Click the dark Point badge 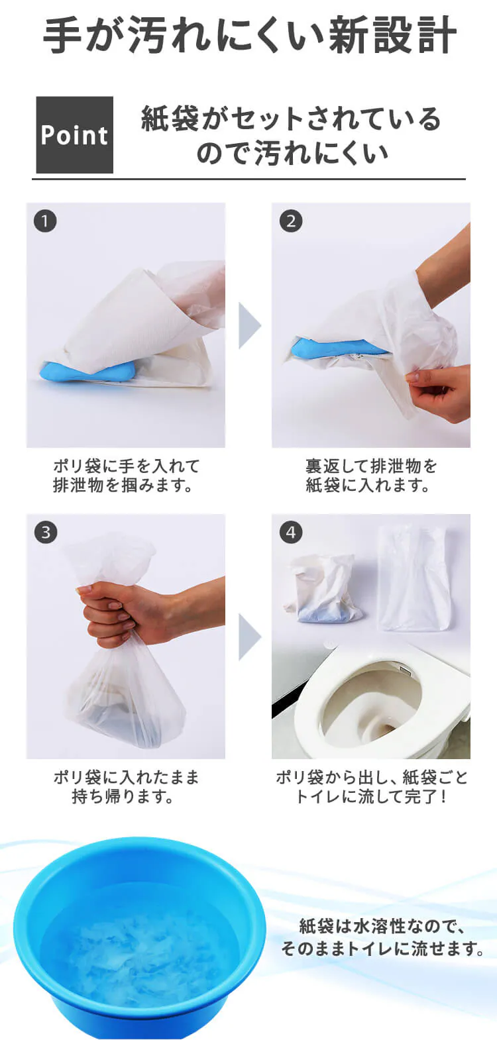click(x=74, y=135)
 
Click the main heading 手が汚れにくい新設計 click(x=249, y=36)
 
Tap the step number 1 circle click(x=45, y=221)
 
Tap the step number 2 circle click(x=290, y=221)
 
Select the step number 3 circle click(x=45, y=532)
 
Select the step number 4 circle click(x=290, y=532)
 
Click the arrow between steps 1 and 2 click(x=249, y=325)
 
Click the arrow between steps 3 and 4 click(x=249, y=636)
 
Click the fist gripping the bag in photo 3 click(x=113, y=613)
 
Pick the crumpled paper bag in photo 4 click(x=325, y=590)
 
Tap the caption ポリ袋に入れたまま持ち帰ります click(x=126, y=786)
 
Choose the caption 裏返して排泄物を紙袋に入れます click(x=371, y=475)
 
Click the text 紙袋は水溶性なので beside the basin click(x=382, y=925)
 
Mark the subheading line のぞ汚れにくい click(x=292, y=153)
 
